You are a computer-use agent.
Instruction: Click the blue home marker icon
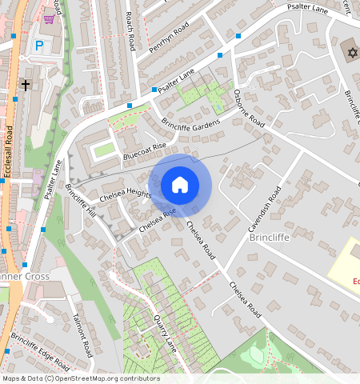(x=180, y=185)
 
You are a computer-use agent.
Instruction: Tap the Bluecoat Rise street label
(x=144, y=151)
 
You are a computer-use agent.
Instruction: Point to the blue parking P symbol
(x=38, y=47)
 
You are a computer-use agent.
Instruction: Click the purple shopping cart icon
(x=50, y=19)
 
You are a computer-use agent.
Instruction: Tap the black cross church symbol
(x=26, y=84)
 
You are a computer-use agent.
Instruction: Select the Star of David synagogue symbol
(x=350, y=53)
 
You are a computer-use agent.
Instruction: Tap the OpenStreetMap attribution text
(x=81, y=378)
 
